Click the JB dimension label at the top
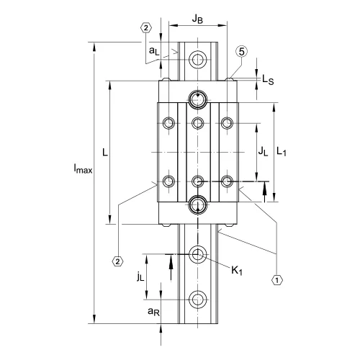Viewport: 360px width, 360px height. pyautogui.click(x=197, y=19)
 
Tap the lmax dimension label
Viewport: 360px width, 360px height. pyautogui.click(x=83, y=168)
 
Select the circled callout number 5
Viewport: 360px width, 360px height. pyautogui.click(x=242, y=52)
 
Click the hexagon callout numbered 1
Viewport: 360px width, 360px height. pyautogui.click(x=277, y=280)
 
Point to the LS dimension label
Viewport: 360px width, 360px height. pyautogui.click(x=268, y=79)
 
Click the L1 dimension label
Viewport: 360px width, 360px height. pyautogui.click(x=282, y=152)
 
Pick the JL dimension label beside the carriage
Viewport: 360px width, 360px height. pyautogui.click(x=263, y=152)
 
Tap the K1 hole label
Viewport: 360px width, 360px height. pyautogui.click(x=237, y=271)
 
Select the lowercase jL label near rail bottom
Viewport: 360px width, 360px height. pyautogui.click(x=140, y=276)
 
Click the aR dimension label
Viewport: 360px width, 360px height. pyautogui.click(x=153, y=311)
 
